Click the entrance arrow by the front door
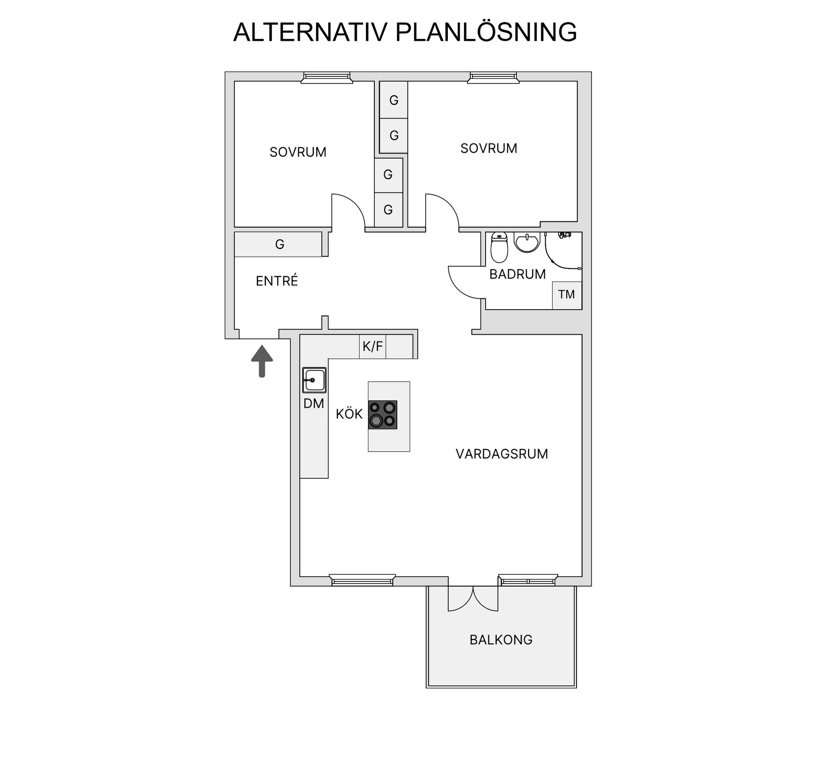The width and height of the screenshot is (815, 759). click(262, 361)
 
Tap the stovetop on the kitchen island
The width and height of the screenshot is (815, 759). click(382, 415)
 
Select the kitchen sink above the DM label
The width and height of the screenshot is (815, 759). click(314, 380)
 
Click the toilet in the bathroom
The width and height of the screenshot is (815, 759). click(499, 247)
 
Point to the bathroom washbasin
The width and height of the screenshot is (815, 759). click(527, 242)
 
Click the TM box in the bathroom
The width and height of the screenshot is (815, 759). click(567, 295)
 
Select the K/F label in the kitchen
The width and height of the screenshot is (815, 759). click(373, 347)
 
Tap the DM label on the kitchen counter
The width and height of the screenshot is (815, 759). click(314, 403)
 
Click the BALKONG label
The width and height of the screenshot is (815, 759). click(501, 640)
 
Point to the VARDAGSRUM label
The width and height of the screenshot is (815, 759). click(502, 454)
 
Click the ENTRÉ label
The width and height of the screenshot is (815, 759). click(277, 281)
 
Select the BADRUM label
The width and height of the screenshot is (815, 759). click(517, 274)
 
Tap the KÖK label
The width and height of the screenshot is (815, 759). click(349, 414)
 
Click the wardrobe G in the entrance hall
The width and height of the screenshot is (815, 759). click(278, 244)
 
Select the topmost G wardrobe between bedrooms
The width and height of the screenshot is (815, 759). click(393, 100)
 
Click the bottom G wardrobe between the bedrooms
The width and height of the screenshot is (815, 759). click(388, 209)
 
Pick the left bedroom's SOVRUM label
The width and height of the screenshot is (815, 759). click(298, 152)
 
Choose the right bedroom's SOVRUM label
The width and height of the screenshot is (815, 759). click(489, 148)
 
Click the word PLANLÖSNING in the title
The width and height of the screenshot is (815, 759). click(486, 31)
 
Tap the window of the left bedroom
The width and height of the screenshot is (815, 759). click(327, 77)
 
